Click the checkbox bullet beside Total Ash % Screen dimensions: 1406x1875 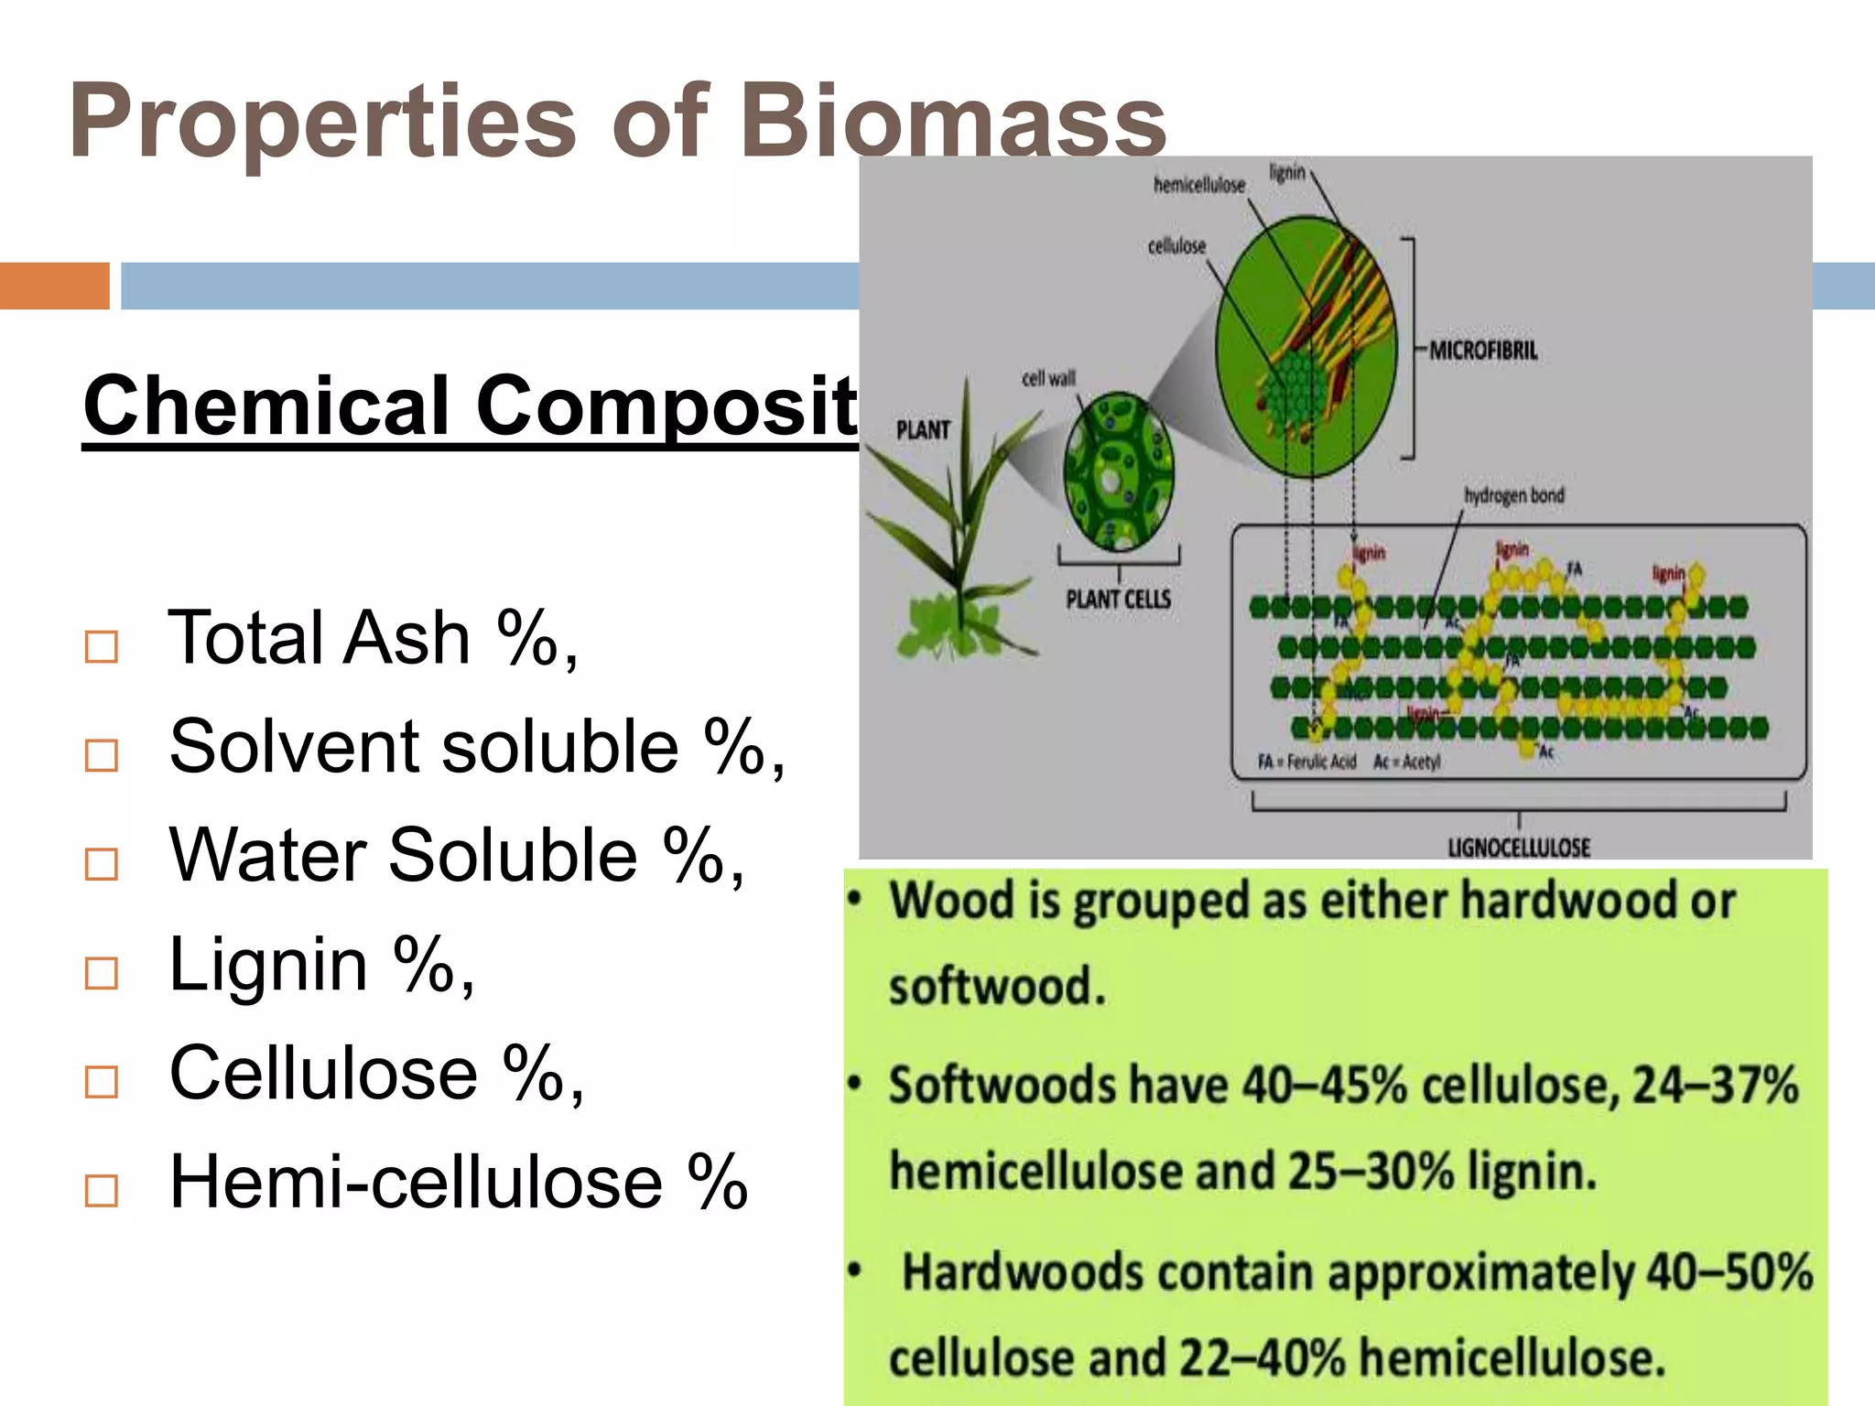point(101,646)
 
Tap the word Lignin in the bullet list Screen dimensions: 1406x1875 point(268,964)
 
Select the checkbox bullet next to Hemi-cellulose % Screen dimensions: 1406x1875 point(101,1190)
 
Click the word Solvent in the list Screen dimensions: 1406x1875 point(294,747)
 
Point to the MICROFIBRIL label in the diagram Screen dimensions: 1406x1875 point(1483,351)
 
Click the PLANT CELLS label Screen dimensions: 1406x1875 point(1118,600)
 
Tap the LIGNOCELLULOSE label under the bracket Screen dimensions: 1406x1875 point(1519,848)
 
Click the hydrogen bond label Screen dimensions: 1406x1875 point(1514,495)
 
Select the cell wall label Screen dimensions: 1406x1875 point(1048,378)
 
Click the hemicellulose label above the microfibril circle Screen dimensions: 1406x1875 point(1198,186)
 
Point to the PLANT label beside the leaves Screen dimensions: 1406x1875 point(922,430)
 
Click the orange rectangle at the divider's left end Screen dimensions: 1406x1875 point(54,286)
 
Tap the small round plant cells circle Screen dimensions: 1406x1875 point(1118,471)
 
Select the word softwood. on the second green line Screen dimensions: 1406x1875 point(997,987)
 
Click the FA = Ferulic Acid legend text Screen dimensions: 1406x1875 point(1306,762)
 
